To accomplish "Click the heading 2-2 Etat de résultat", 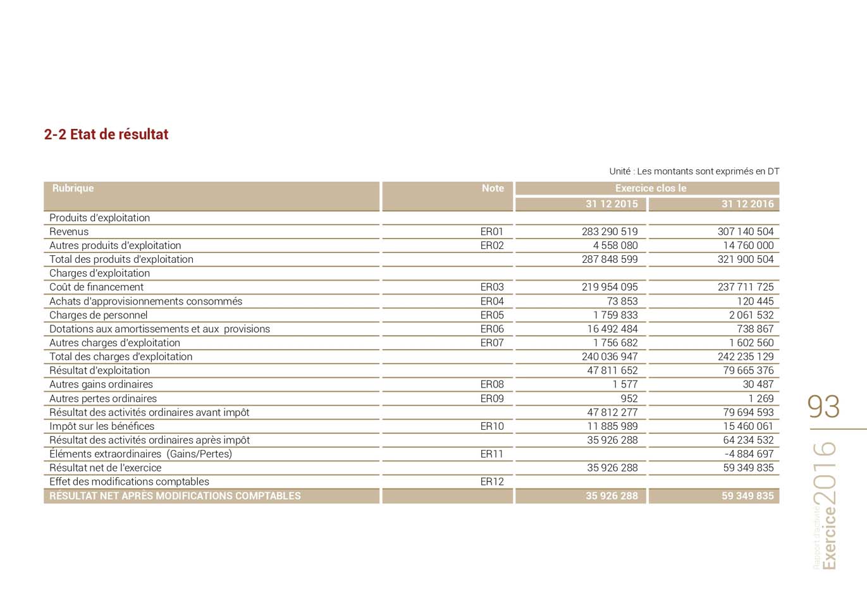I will point(106,134).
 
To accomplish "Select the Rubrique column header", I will point(73,188).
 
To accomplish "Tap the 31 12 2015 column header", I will point(612,204).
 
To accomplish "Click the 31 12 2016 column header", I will point(747,204).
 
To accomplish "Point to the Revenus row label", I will point(69,231).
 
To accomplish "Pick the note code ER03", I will point(491,287).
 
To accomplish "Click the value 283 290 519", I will point(610,231).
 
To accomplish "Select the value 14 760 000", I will point(748,245).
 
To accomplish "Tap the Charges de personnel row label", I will point(98,315).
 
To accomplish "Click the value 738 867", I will point(755,329).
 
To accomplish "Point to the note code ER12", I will point(491,482).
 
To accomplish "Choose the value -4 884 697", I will point(748,454).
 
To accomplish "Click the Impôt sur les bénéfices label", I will point(102,426).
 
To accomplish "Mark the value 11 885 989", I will point(612,426).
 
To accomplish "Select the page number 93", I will point(823,406).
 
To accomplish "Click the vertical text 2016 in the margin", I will point(825,472).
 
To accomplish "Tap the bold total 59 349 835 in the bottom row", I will point(747,496).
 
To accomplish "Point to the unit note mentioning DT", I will point(694,171).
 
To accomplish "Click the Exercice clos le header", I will point(650,188).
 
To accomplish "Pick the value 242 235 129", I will point(745,356).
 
